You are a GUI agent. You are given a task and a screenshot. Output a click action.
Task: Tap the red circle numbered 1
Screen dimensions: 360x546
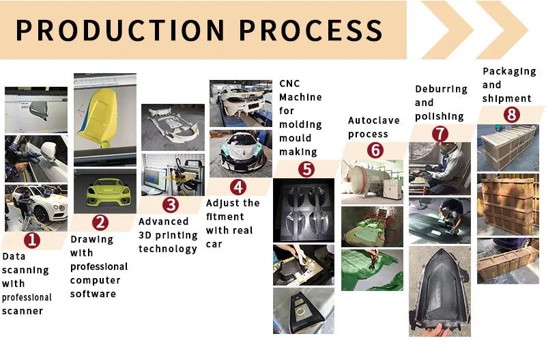click(x=32, y=239)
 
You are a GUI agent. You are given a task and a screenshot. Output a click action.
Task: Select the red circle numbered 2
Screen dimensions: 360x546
click(x=100, y=222)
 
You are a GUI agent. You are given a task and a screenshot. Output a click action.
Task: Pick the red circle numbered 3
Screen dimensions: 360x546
click(x=171, y=204)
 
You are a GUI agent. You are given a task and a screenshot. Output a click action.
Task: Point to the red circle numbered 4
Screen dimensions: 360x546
click(x=237, y=186)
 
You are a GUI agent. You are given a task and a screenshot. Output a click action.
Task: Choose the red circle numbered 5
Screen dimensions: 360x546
click(x=306, y=168)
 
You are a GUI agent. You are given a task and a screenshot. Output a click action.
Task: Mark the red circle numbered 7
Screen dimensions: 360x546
click(x=440, y=133)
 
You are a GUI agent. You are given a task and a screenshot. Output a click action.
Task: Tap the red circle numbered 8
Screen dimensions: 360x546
click(x=511, y=115)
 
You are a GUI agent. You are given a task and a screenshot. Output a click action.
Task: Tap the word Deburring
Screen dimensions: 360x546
click(x=441, y=89)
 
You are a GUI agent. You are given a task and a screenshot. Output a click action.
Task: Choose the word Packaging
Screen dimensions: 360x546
click(x=508, y=71)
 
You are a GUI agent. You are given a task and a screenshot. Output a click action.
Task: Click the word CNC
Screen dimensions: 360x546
click(x=289, y=83)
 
